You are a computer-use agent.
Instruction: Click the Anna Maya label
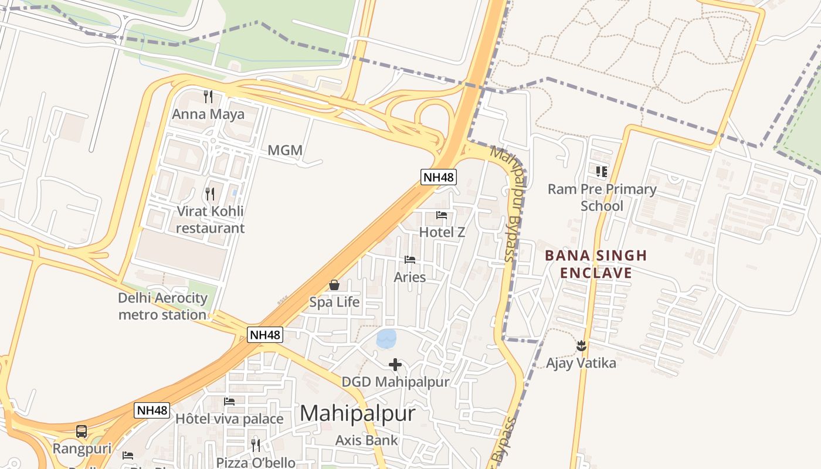[208, 114]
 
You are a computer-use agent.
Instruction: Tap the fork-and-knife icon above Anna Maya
[208, 96]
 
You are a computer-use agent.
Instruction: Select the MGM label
[285, 150]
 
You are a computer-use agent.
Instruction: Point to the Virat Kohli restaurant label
[210, 219]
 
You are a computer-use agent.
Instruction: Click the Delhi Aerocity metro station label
[162, 306]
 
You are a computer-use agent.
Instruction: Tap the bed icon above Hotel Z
[442, 215]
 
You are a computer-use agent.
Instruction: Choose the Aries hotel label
[410, 277]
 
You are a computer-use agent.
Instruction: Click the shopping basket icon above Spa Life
[334, 285]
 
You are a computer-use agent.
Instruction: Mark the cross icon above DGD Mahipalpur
[395, 365]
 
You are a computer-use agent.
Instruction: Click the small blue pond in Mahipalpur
[386, 338]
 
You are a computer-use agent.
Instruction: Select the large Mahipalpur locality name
[358, 413]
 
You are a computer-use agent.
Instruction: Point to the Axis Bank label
[367, 440]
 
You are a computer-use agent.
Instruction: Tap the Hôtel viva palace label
[229, 419]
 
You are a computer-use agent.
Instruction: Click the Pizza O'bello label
[256, 462]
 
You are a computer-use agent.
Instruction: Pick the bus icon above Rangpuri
[82, 431]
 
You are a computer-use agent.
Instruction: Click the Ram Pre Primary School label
[602, 198]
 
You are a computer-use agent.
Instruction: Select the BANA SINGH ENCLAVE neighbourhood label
[596, 264]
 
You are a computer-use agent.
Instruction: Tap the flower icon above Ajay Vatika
[581, 346]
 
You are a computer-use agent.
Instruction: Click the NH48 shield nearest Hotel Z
[438, 176]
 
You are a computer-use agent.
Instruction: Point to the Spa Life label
[334, 303]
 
